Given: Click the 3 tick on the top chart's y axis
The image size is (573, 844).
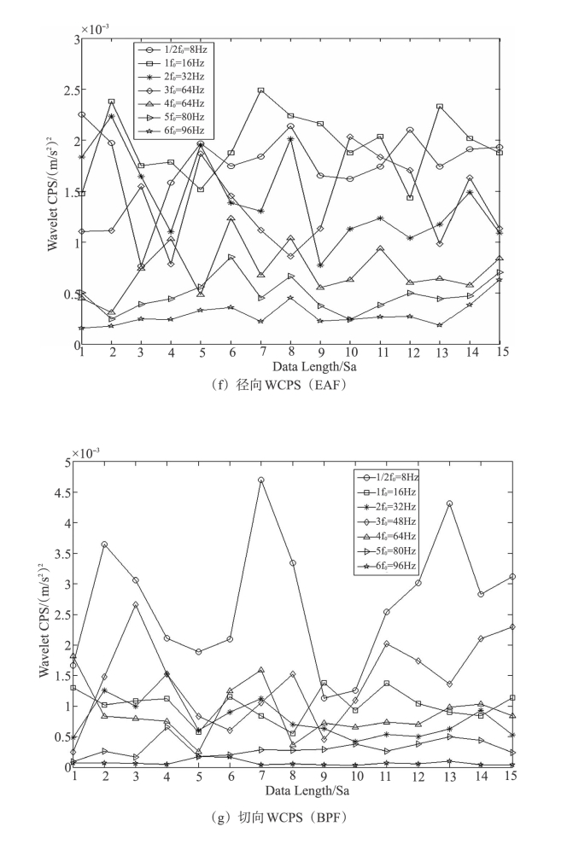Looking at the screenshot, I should coord(75,39).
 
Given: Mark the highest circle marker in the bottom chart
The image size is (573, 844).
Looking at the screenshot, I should coord(260,480).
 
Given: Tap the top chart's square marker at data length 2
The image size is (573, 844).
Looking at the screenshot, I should coord(111,102).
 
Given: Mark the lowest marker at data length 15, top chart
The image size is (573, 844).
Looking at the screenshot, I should coord(499,280).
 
